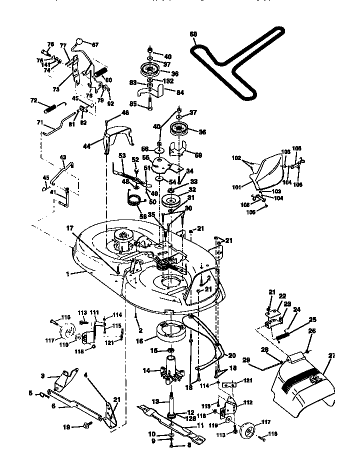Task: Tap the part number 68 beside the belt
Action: click(193, 34)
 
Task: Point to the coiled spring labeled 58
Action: click(133, 202)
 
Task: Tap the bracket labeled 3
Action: click(64, 380)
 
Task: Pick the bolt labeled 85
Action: click(149, 106)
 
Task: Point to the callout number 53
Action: click(121, 155)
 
